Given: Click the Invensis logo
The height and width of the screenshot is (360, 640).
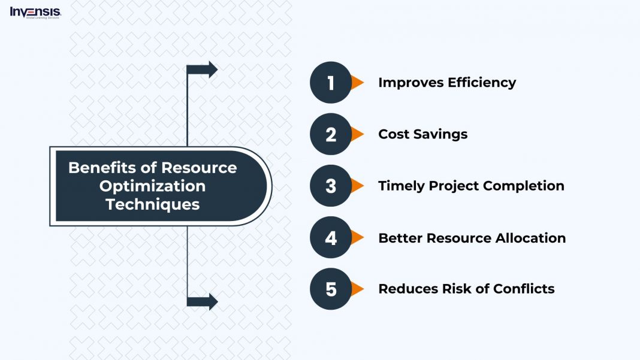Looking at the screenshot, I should pos(35,12).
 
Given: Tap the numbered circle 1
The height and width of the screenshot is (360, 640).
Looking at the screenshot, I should pos(330,83).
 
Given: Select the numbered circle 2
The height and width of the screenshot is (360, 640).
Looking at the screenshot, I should pos(330,134).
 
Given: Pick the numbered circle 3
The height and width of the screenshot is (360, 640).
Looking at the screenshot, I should pos(330,186).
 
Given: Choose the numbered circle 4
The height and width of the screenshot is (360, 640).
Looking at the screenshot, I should pos(330,238).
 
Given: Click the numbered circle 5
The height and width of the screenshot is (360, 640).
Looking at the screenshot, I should pos(330,289).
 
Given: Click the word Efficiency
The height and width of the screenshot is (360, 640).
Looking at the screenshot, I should pos(481,83).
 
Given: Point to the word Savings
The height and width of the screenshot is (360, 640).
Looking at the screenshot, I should pos(442,134).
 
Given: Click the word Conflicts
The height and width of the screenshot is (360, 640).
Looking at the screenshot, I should pos(524,289).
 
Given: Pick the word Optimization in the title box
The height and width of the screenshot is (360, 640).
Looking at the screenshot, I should pos(152,186).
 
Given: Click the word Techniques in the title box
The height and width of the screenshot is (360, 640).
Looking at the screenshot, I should pos(152,204).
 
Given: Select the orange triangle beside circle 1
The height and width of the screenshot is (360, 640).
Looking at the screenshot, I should pos(357,83).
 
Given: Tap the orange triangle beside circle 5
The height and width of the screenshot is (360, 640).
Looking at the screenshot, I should pos(357,289).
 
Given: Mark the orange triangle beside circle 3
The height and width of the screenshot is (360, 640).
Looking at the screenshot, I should pos(357,186).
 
